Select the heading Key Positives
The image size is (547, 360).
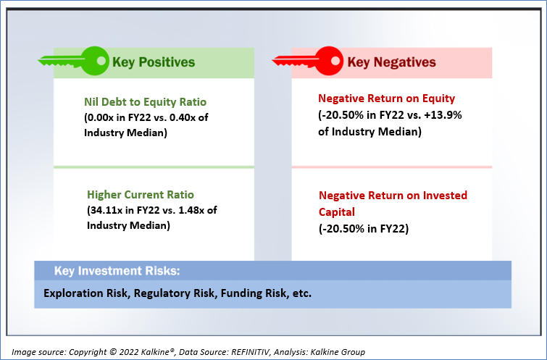154,62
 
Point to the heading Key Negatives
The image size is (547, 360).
391,62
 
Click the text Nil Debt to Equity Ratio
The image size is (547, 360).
145,102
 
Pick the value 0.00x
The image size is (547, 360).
101,117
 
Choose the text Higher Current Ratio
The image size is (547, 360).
141,194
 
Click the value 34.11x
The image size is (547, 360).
106,210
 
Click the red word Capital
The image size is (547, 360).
337,212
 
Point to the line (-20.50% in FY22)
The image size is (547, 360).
364,229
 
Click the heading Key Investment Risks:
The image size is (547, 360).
117,271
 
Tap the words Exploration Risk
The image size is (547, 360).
85,293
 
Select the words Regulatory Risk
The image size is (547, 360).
174,293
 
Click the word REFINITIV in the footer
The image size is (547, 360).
251,352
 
